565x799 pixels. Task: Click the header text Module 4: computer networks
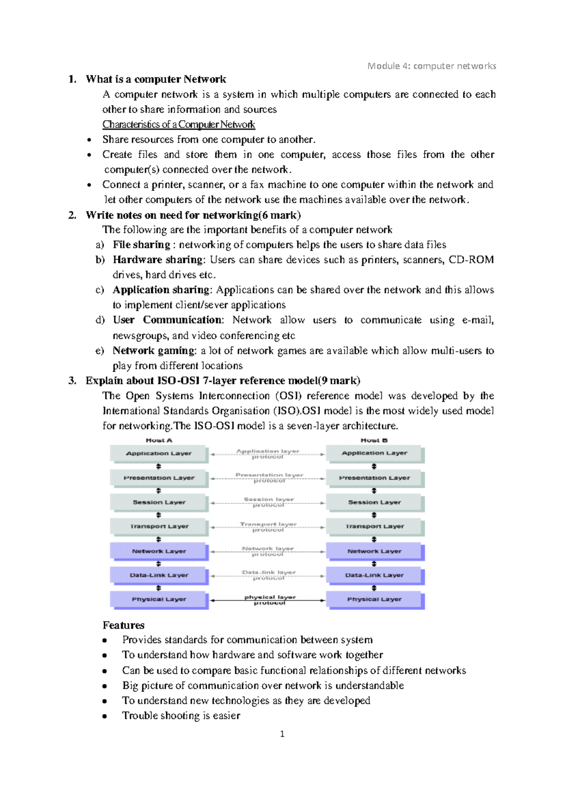click(x=431, y=66)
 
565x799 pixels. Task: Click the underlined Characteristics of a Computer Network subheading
click(x=178, y=124)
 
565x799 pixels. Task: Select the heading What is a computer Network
click(x=156, y=79)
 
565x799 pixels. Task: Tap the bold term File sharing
click(x=141, y=245)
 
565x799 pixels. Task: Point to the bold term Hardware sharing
click(x=158, y=260)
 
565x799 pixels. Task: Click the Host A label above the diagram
click(x=159, y=440)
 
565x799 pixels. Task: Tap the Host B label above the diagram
click(x=374, y=440)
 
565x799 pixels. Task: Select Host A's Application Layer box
click(x=159, y=453)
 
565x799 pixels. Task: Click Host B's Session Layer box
click(x=374, y=502)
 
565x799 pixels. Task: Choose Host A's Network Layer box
click(x=159, y=551)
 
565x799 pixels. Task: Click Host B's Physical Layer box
click(x=374, y=599)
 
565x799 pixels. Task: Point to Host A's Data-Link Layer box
click(x=159, y=575)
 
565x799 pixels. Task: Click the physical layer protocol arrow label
click(x=270, y=600)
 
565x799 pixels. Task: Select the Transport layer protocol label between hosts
click(x=268, y=527)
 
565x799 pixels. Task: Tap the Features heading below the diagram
click(x=123, y=625)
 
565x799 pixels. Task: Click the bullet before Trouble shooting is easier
click(x=105, y=716)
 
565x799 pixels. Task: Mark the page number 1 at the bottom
click(x=282, y=734)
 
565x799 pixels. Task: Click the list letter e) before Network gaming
click(x=99, y=351)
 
